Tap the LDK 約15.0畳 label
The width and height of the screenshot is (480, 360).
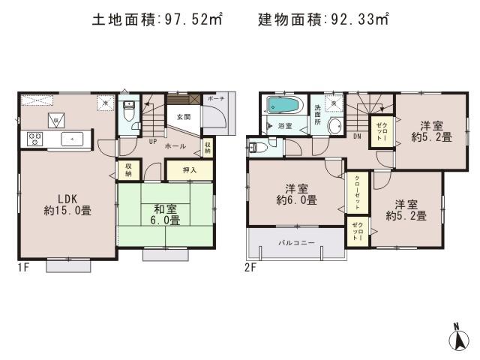67,205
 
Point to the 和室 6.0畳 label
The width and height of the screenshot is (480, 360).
164,215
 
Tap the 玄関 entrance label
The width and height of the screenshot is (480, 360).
184,117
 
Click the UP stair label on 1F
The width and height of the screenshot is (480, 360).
153,141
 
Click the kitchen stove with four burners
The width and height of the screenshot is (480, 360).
34,138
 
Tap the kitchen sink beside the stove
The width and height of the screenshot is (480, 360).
72,138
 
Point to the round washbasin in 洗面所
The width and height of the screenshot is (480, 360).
334,125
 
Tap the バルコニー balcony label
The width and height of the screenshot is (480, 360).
297,243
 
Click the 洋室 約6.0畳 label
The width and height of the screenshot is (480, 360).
295,194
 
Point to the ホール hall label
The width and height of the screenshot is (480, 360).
175,146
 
